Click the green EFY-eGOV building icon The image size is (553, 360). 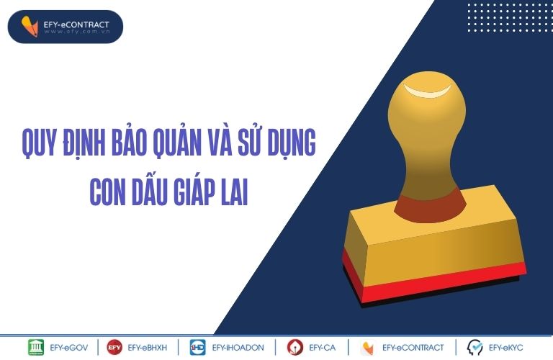pos(36,347)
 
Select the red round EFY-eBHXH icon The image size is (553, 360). pos(114,347)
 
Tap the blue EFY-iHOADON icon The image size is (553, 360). pos(197,347)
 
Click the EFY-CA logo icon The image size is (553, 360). pos(295,347)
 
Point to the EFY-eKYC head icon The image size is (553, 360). pos(475,347)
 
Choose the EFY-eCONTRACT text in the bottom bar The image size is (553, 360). pos(413,348)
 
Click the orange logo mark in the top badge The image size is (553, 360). pos(30,27)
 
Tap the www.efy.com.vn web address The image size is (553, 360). pos(77,32)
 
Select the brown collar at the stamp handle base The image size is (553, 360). pos(430,207)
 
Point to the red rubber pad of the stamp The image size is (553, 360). pos(433,279)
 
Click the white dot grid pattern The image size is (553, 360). pos(508,17)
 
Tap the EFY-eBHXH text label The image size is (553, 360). pos(148,348)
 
